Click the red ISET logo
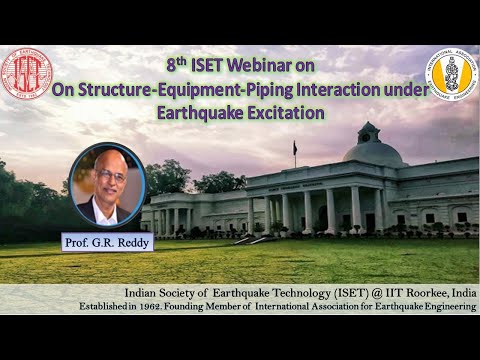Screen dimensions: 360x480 pyautogui.click(x=27, y=74)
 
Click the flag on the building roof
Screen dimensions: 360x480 pyautogui.click(x=296, y=148)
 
